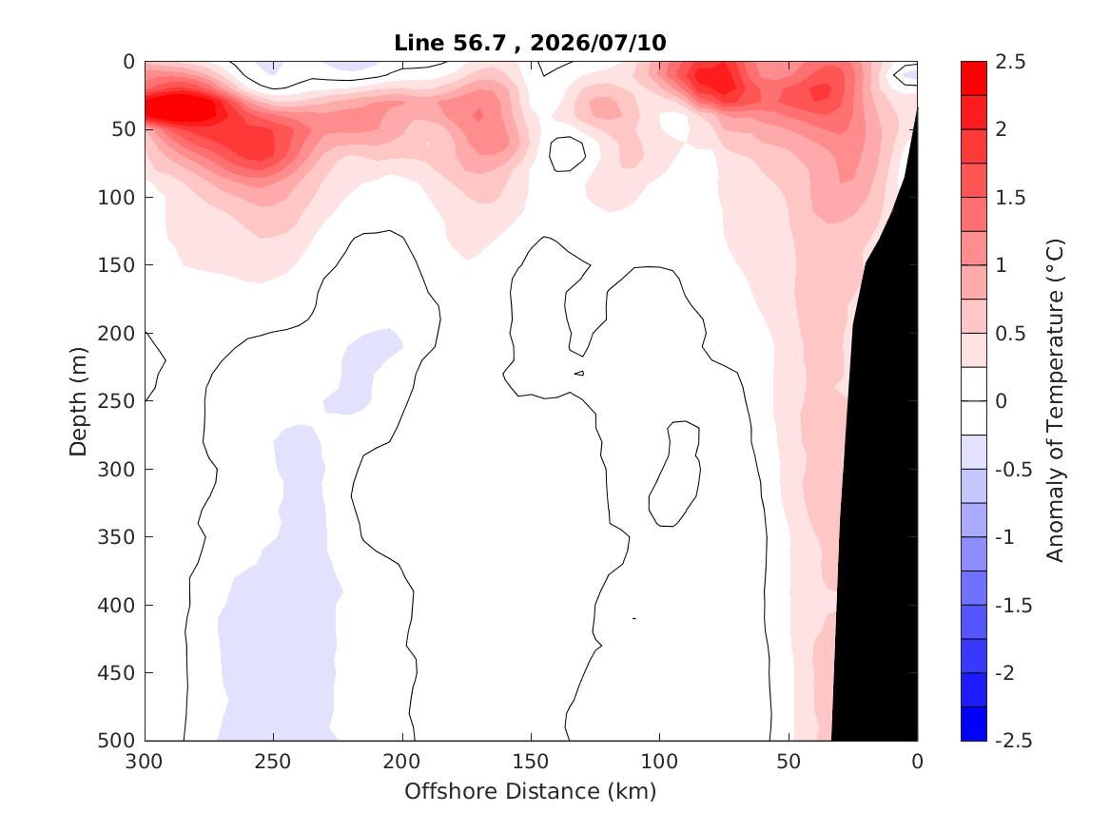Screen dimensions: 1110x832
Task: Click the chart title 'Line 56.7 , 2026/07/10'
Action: pos(530,43)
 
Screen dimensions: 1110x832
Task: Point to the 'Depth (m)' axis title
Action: pos(78,401)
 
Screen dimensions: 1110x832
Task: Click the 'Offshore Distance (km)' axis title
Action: pos(530,791)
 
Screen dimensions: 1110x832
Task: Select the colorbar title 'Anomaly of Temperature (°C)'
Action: pos(1055,400)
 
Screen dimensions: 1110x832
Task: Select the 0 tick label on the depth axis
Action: pos(128,62)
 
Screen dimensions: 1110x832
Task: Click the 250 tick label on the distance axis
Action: pos(273,762)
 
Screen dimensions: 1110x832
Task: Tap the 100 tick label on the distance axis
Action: pos(660,762)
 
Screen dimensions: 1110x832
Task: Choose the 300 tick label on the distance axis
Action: pos(145,762)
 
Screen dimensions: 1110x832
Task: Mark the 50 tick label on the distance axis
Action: pos(789,762)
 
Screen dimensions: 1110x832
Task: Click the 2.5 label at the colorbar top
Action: pos(1010,62)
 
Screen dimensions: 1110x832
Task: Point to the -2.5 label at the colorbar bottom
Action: pos(1014,740)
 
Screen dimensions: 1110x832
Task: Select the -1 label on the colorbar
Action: pos(1004,537)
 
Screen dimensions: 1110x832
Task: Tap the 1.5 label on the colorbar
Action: pos(1010,198)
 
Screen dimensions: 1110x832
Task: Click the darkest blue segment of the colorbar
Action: pos(973,724)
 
